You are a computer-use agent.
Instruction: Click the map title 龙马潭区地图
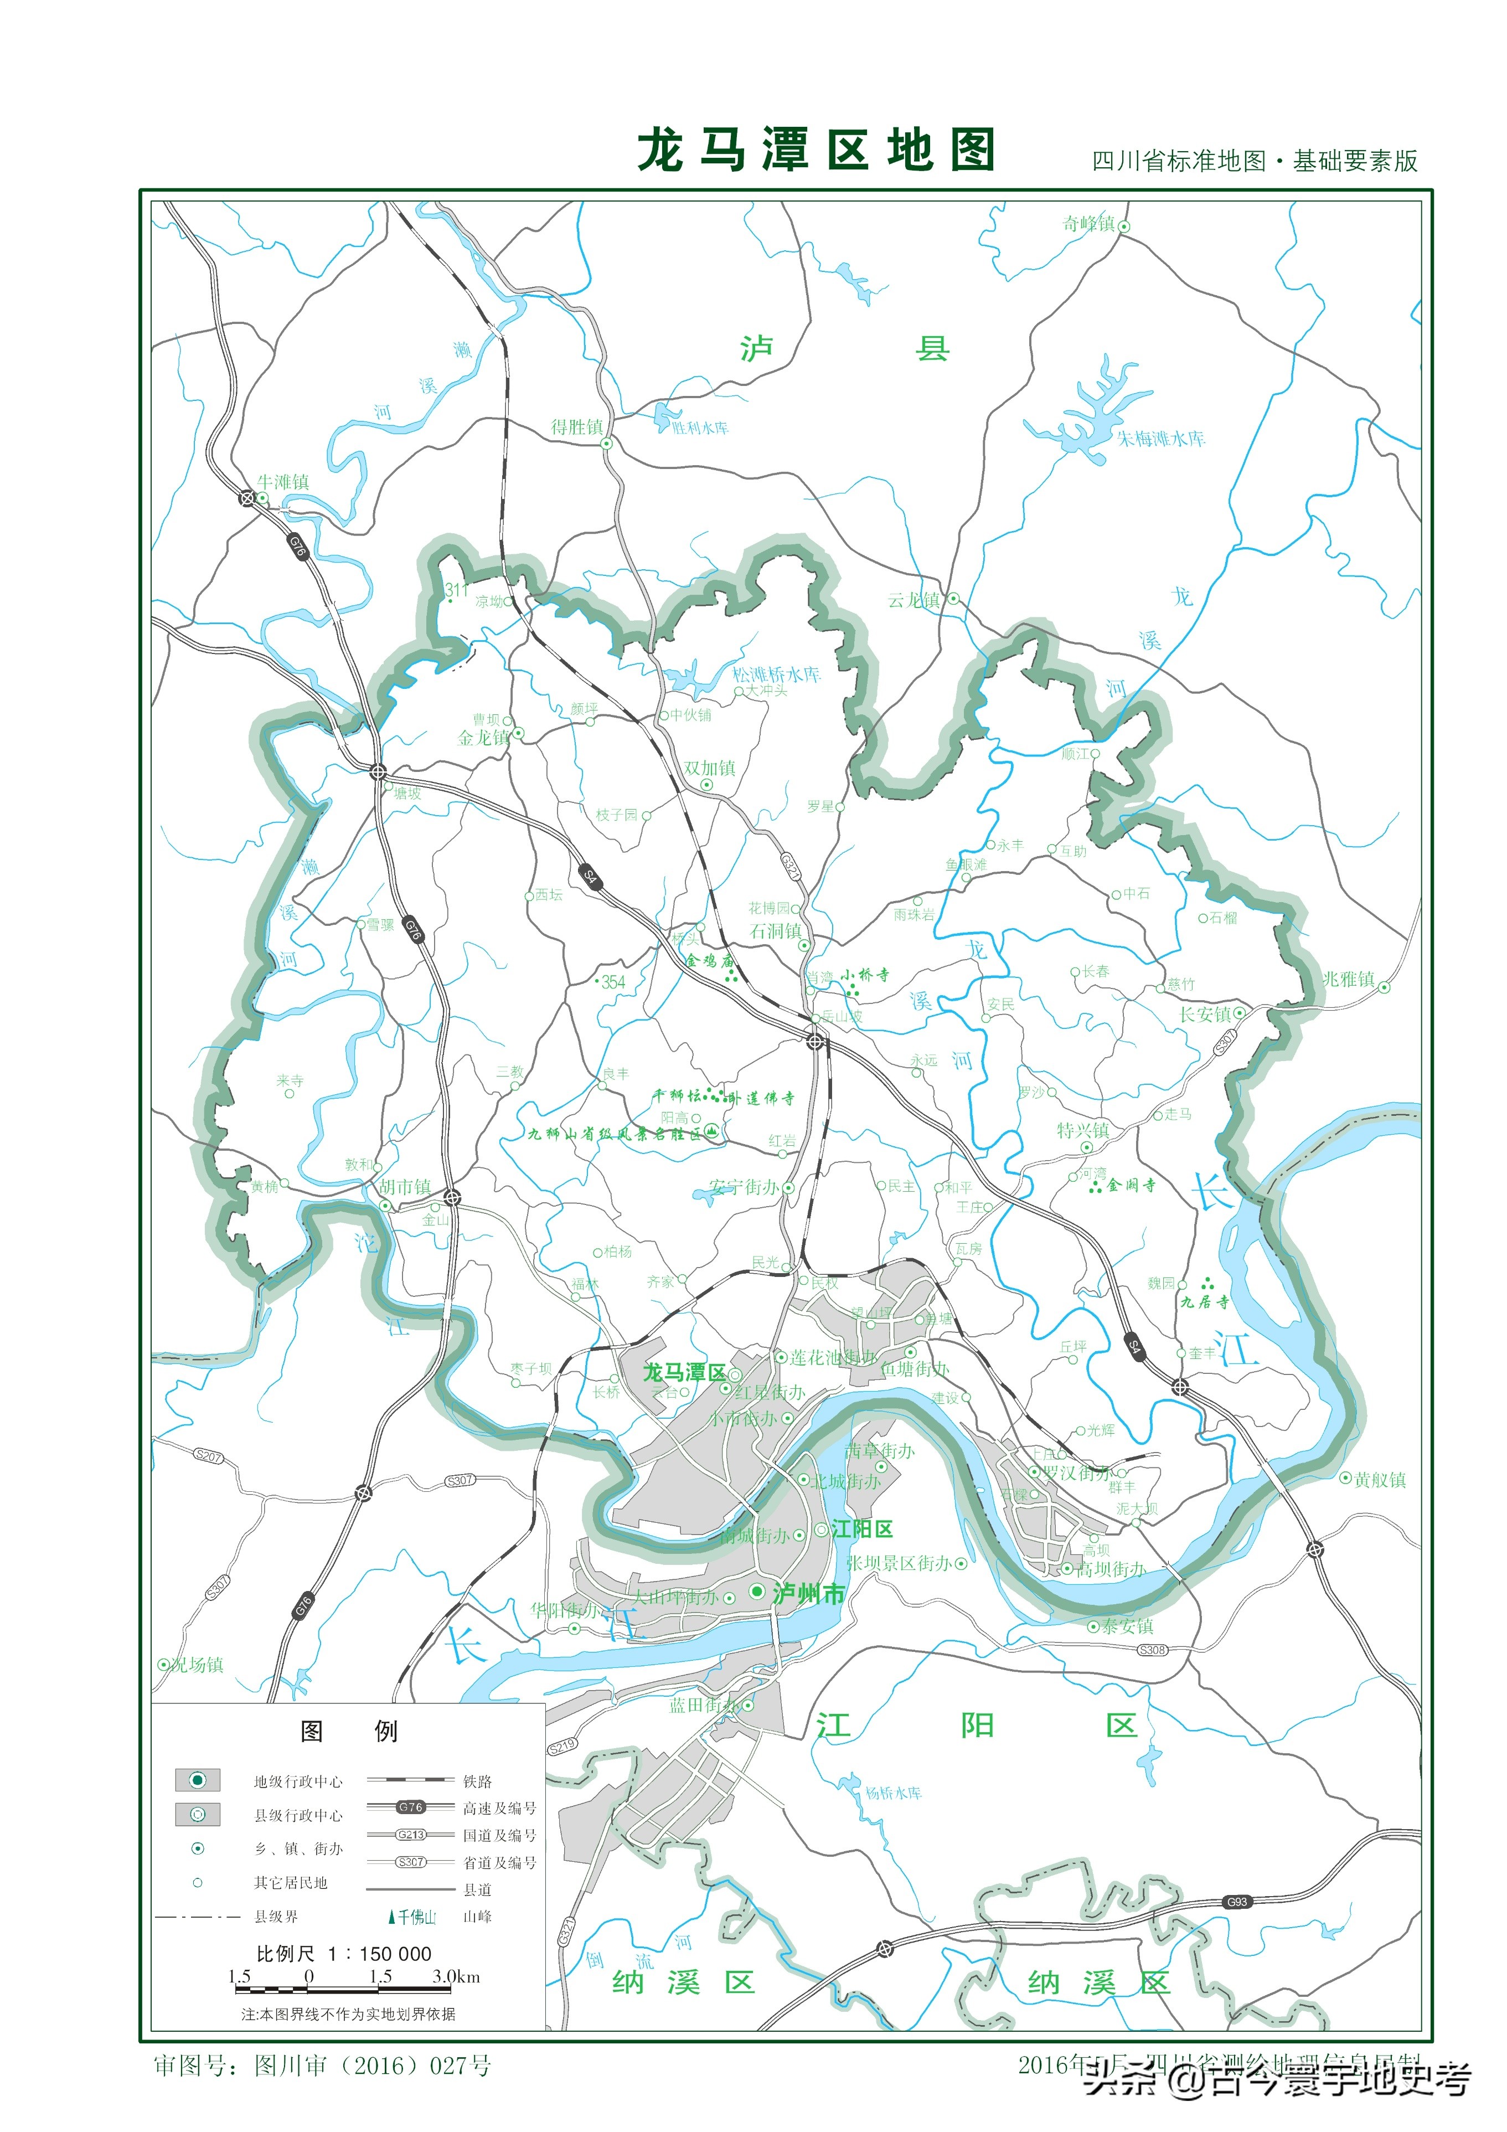point(816,151)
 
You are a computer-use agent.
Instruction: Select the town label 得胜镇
point(577,427)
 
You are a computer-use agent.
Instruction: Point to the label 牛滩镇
point(283,482)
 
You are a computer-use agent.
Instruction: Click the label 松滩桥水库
point(776,674)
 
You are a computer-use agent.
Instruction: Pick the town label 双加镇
point(709,768)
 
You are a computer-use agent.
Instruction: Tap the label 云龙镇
point(914,600)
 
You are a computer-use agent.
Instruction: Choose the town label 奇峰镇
point(1088,224)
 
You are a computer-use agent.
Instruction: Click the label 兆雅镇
point(1348,979)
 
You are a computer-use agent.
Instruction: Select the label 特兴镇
point(1083,1130)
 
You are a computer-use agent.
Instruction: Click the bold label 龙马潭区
point(684,1372)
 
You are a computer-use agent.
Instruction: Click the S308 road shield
point(1152,1650)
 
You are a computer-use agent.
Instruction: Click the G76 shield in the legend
point(410,1807)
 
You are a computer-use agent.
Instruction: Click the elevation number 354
point(613,982)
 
